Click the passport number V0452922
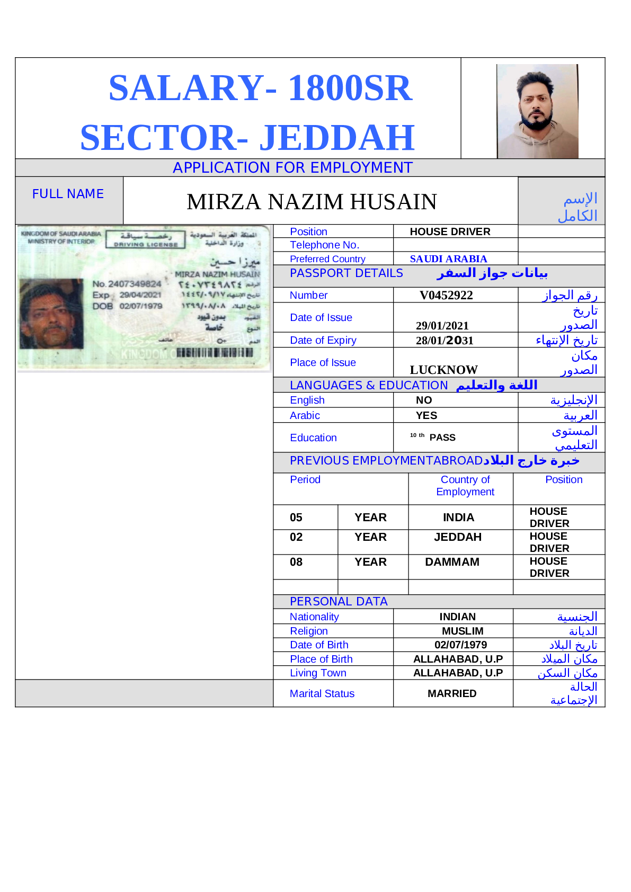446,295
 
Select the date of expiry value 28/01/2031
445,340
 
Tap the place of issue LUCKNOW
443,370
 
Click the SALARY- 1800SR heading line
260,87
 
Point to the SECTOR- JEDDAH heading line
247,137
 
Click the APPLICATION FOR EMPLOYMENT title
292,167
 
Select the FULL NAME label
68,194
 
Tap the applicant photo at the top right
537,111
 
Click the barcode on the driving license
215,353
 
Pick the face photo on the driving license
51,313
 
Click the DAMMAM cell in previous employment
452,562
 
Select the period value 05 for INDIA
296,518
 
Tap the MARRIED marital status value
452,693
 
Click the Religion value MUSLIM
463,631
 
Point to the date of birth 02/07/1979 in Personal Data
460,645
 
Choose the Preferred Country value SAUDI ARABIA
448,259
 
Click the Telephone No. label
324,245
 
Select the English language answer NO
424,400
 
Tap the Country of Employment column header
465,486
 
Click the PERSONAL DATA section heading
339,602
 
